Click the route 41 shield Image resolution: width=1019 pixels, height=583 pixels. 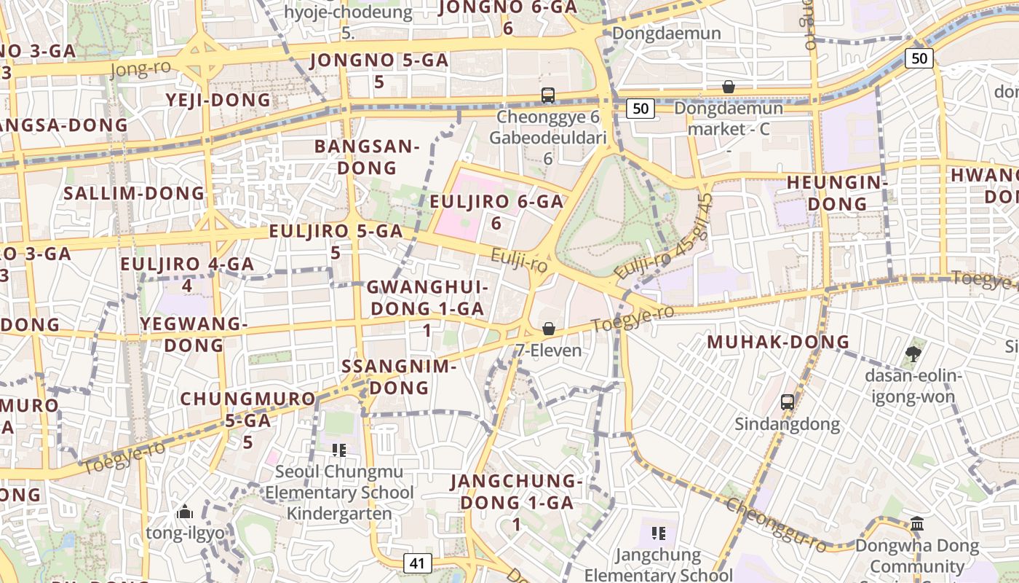[x=416, y=563]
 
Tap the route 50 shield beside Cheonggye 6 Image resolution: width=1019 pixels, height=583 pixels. [x=640, y=109]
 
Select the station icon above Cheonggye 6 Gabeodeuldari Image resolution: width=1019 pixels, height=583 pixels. [x=548, y=95]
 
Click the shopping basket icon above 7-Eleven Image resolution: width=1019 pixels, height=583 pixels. [x=549, y=329]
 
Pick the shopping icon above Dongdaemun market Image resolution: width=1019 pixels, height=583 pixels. [x=728, y=87]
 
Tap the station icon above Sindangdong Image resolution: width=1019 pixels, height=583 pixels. [x=787, y=402]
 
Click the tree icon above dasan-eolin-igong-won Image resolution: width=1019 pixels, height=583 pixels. [x=913, y=354]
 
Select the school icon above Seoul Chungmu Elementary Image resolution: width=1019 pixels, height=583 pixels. [x=338, y=450]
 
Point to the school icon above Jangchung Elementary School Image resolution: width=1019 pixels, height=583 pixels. [x=659, y=533]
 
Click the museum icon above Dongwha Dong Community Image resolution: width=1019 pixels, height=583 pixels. [x=917, y=524]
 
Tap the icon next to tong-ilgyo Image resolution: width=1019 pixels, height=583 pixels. [x=184, y=512]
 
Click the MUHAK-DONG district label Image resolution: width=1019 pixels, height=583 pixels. [x=778, y=342]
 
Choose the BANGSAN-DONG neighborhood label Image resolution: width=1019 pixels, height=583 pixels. [x=367, y=157]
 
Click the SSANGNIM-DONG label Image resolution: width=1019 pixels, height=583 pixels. [x=399, y=376]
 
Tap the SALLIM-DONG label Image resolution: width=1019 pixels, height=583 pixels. [x=134, y=193]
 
